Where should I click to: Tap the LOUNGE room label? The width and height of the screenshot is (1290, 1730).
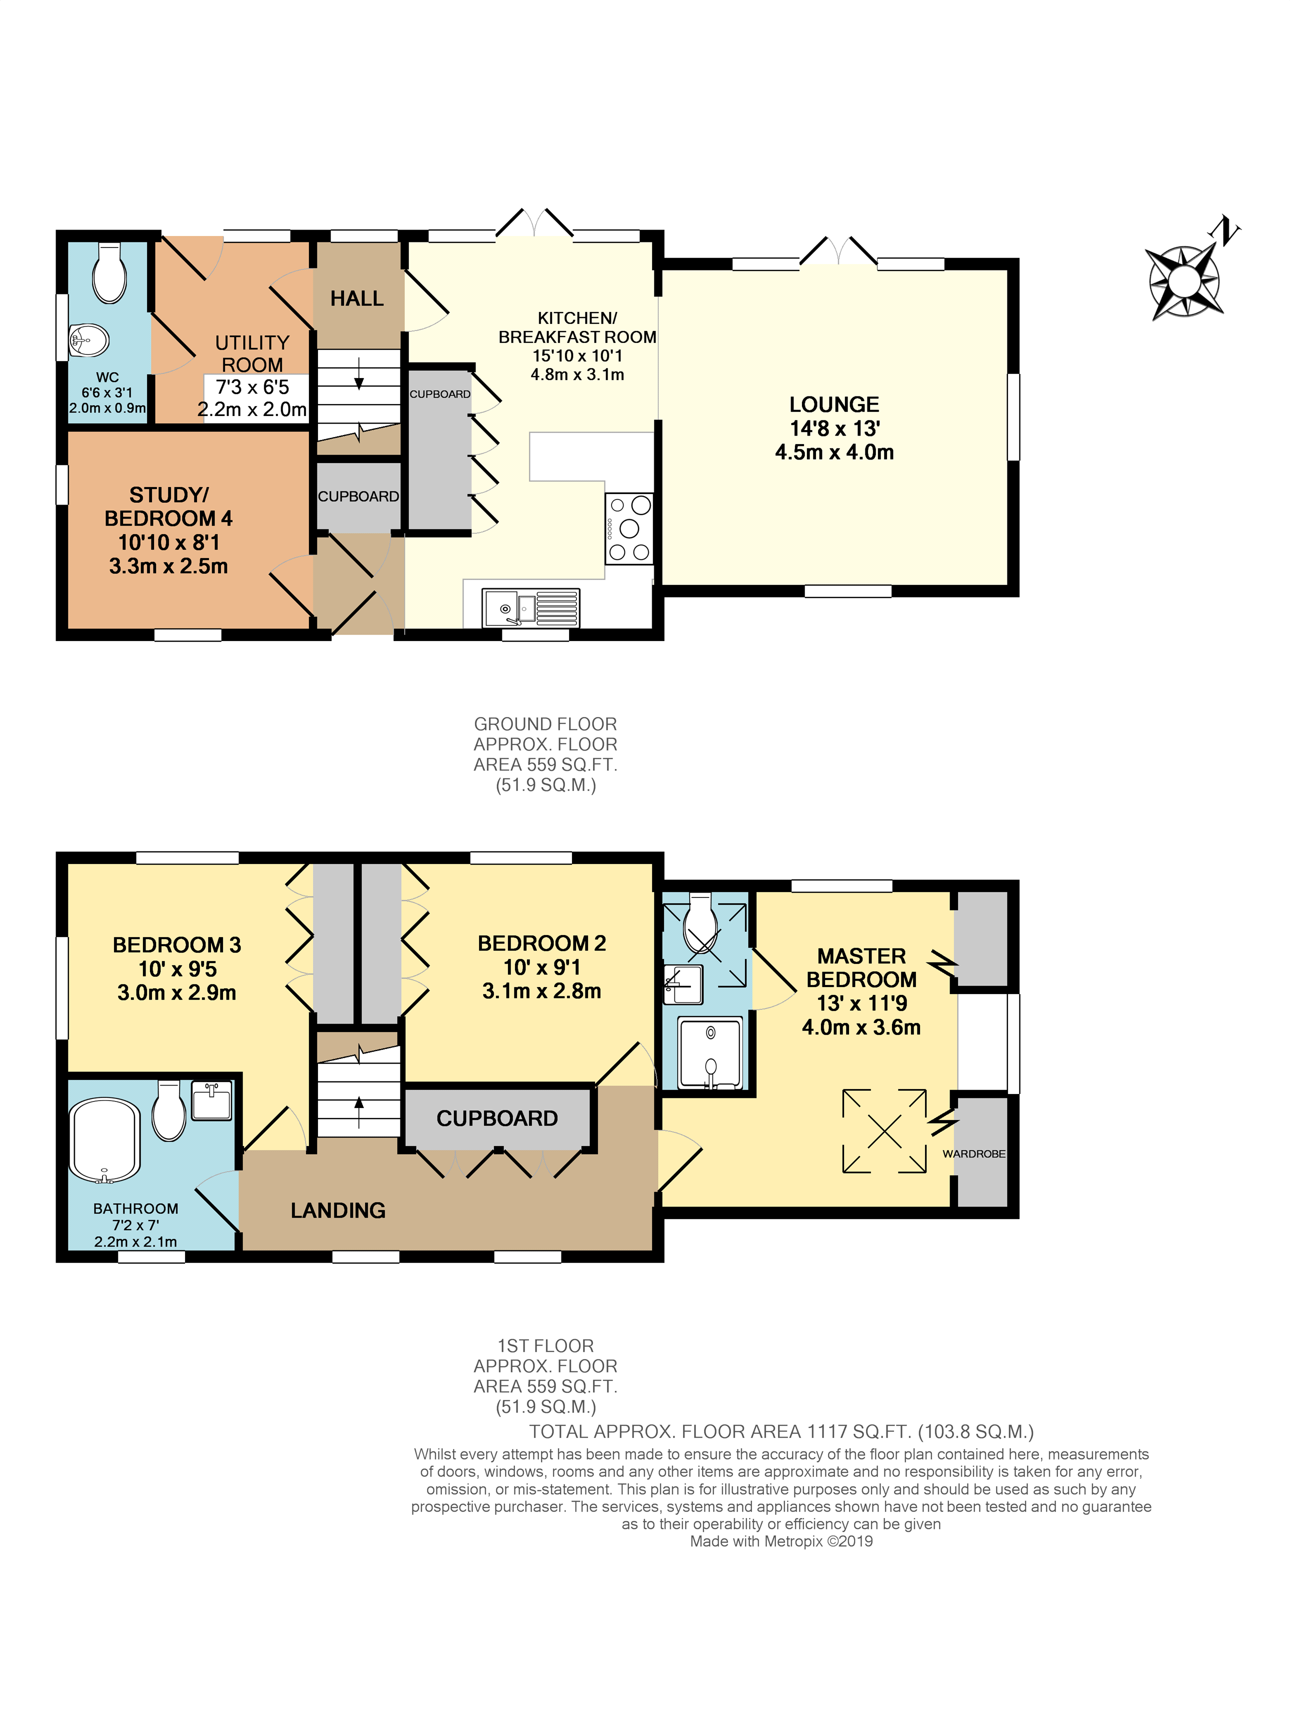(834, 404)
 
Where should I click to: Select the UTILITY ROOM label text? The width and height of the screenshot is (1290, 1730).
(251, 353)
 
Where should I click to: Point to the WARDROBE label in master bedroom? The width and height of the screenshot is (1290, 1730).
(973, 1154)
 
